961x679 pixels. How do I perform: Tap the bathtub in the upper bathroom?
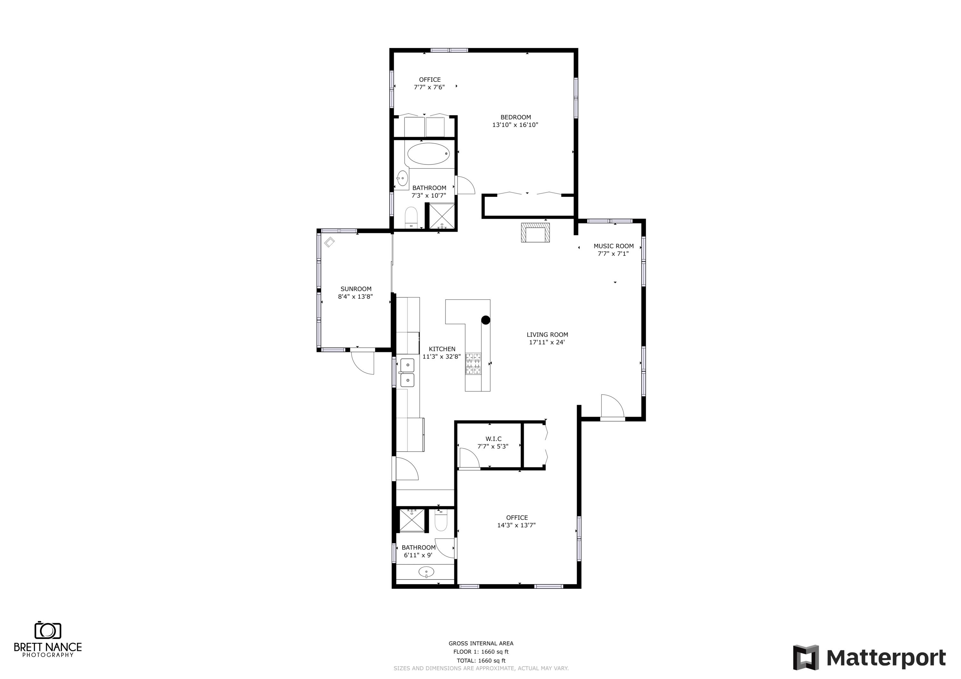coord(428,154)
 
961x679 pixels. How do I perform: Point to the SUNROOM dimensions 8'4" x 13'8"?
coord(355,297)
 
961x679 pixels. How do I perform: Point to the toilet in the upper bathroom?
coord(411,217)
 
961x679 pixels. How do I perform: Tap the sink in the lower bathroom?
coord(426,571)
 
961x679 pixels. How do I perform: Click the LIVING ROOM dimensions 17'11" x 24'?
coord(547,342)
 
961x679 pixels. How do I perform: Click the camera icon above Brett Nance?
coord(48,630)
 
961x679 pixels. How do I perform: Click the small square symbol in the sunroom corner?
coord(329,242)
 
